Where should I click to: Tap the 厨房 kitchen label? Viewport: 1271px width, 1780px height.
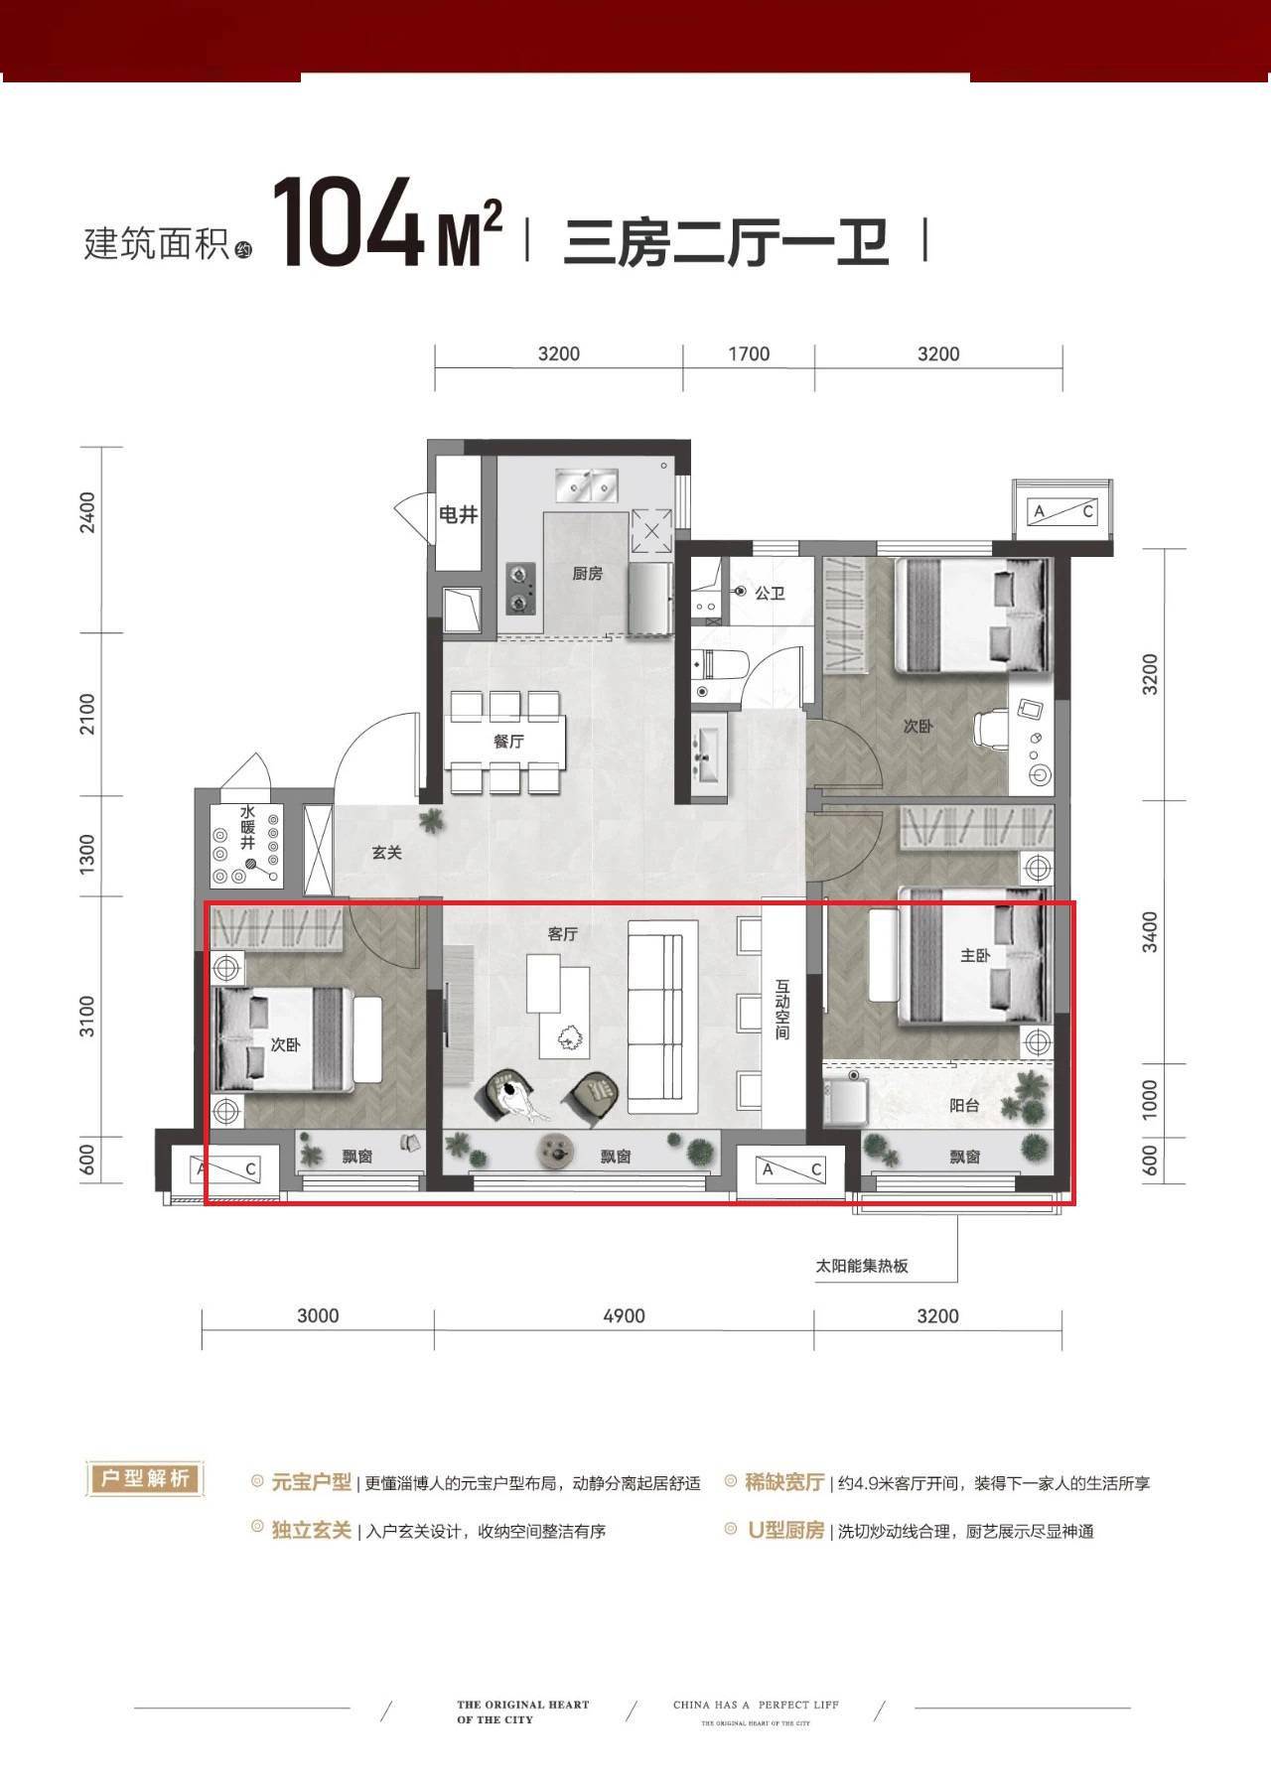pos(587,574)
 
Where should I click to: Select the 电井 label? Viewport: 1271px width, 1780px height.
pos(458,515)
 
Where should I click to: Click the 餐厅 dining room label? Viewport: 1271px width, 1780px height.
pos(508,742)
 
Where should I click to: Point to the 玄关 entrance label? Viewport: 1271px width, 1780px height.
pos(386,852)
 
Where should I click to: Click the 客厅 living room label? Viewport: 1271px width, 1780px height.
pos(562,934)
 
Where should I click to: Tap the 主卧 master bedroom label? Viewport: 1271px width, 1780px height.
pos(975,955)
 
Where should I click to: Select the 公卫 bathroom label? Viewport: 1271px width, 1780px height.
pos(770,593)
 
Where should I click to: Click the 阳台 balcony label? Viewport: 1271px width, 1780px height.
pos(964,1104)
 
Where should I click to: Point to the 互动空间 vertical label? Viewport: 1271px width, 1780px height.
pos(782,1011)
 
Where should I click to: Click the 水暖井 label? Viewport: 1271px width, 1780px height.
pos(247,827)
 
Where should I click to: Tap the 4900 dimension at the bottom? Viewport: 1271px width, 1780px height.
pos(624,1316)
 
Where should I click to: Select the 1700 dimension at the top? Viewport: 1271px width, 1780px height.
pos(749,354)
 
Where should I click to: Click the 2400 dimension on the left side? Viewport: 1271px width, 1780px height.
pos(89,513)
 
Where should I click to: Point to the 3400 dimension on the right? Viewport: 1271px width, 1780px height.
pos(1150,930)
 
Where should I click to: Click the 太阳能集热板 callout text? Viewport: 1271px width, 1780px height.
pos(862,1267)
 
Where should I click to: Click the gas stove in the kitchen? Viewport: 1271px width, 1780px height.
pos(520,588)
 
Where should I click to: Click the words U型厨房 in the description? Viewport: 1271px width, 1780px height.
pos(785,1531)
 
